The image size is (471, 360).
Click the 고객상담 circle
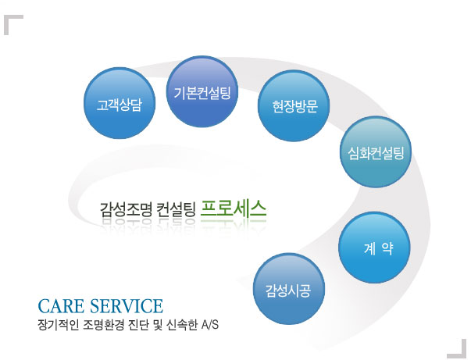coord(120,103)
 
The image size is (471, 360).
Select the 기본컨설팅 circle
coord(202,91)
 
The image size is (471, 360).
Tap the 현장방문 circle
coord(294,105)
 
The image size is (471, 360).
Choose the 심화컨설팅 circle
coord(376,152)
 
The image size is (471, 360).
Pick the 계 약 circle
coord(374,248)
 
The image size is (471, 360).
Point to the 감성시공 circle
coord(289,289)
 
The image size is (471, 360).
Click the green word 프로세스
coord(233,209)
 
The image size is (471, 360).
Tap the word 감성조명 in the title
coord(127,209)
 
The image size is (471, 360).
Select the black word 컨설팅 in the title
coord(177,209)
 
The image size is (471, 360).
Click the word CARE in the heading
coord(61,306)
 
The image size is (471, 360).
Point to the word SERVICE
coord(127,306)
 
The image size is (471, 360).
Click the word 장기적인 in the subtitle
coord(58,325)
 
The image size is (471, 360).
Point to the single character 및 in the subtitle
coord(158,325)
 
